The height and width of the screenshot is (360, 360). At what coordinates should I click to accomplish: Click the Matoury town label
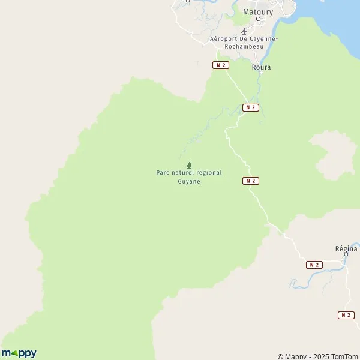(x=258, y=11)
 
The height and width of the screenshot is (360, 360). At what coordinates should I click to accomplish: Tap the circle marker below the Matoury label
(x=258, y=19)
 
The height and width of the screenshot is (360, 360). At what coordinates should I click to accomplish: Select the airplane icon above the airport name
(x=244, y=31)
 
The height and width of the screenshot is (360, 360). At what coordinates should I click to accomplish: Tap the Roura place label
(x=262, y=67)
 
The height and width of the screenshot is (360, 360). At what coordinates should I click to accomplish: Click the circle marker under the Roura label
(x=262, y=73)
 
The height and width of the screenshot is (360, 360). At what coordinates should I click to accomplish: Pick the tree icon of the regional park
(x=189, y=165)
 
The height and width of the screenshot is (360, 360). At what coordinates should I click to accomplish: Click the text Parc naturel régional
(x=189, y=173)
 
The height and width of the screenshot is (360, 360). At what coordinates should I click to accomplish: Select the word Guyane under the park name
(x=189, y=181)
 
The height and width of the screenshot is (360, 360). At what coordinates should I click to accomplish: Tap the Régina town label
(x=346, y=248)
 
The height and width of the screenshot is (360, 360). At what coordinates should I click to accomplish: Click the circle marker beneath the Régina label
(x=346, y=254)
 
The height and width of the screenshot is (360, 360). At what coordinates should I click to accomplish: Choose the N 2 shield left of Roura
(x=221, y=65)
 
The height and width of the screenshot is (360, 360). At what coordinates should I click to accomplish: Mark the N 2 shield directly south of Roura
(x=250, y=107)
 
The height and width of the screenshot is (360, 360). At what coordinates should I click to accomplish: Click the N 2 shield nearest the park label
(x=251, y=181)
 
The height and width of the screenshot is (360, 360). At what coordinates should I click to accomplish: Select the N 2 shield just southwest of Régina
(x=314, y=265)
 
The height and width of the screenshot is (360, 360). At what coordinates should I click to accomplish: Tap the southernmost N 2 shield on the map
(x=346, y=315)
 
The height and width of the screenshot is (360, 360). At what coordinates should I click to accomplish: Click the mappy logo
(x=19, y=353)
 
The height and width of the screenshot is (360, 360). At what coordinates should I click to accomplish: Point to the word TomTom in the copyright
(x=345, y=356)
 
